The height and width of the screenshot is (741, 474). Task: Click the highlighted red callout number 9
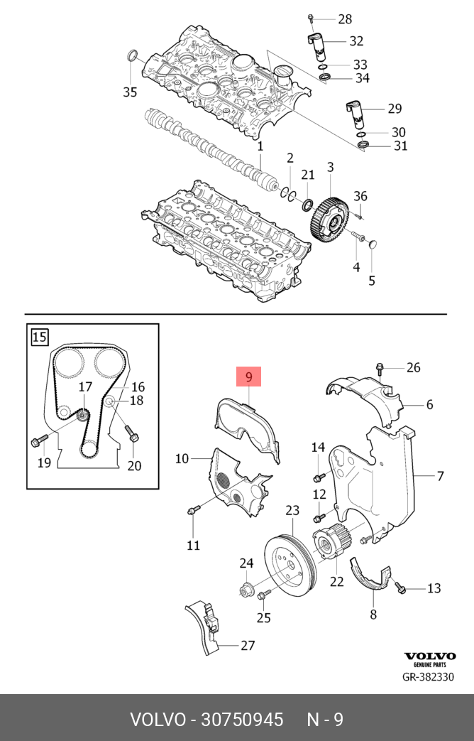pyautogui.click(x=249, y=377)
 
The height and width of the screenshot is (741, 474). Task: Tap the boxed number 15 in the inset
pyautogui.click(x=40, y=335)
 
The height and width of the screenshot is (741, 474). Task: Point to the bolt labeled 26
pyautogui.click(x=381, y=368)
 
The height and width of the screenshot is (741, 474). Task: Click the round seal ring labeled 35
pyautogui.click(x=131, y=56)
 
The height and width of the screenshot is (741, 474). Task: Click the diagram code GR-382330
pyautogui.click(x=429, y=676)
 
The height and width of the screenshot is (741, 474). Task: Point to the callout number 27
pyautogui.click(x=247, y=646)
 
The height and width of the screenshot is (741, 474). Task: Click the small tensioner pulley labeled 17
pyautogui.click(x=83, y=414)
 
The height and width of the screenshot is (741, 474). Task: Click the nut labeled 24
pyautogui.click(x=247, y=589)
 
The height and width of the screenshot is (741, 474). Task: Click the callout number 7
pyautogui.click(x=440, y=475)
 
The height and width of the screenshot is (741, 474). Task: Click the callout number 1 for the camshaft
pyautogui.click(x=260, y=146)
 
